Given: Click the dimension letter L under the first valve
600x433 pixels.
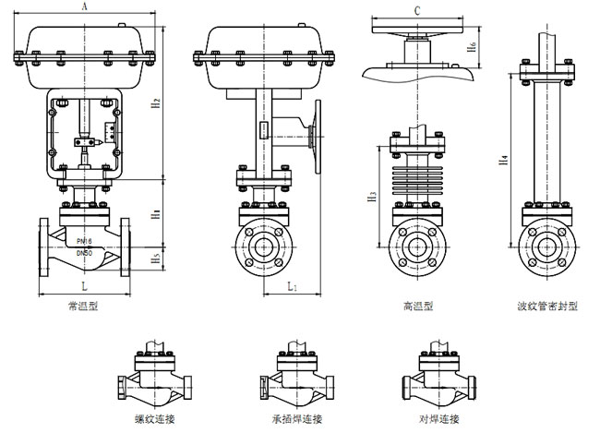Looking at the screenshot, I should pos(84,289).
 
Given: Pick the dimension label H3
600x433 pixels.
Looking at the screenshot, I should pos(371,195).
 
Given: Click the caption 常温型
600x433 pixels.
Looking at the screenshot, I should pos(83,306).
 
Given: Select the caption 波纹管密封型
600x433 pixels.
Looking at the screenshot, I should pos(548,306).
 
